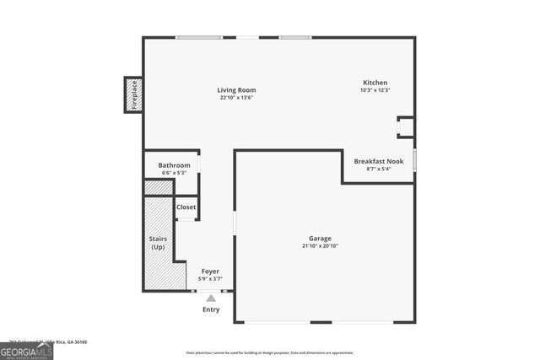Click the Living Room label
point(236,89)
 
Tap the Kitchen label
point(375,82)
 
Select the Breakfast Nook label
point(378,160)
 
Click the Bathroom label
point(174,165)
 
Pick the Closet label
point(186,207)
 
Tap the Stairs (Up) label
point(158,243)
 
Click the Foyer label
point(210,271)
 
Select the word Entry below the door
point(211,309)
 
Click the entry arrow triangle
point(211,297)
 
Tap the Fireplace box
point(132,94)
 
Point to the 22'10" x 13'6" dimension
point(236,98)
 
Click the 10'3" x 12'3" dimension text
point(375,90)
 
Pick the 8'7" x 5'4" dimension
point(378,169)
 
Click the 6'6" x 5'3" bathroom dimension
point(174,173)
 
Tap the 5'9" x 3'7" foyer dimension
point(210,278)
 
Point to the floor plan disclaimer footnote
point(270,352)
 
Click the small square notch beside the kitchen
point(405,127)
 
